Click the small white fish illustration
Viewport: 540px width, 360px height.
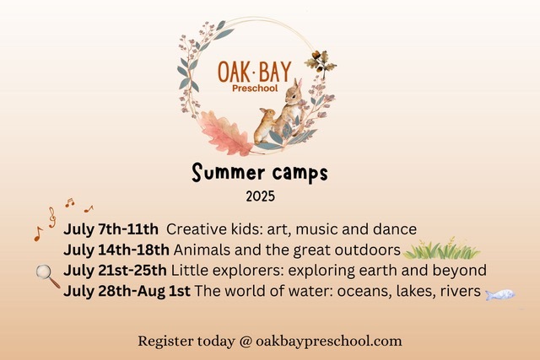[x=500, y=294]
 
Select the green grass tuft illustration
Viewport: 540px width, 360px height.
[x=441, y=250]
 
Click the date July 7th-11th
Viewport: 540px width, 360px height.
[x=110, y=230]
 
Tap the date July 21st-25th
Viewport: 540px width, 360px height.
[x=116, y=271]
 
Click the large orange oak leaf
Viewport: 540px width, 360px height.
[x=224, y=132]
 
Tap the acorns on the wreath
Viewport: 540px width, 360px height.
[x=319, y=62]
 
